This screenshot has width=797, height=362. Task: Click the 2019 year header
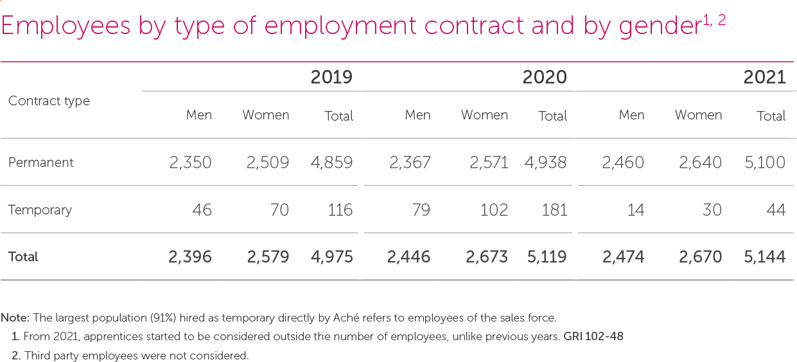click(x=331, y=78)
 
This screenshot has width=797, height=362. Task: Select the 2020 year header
click(x=545, y=78)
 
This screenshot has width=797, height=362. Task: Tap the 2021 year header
click(x=764, y=78)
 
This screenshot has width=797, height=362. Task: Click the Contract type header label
click(x=49, y=101)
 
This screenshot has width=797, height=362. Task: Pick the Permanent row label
click(x=41, y=162)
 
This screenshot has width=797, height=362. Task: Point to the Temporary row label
click(x=40, y=210)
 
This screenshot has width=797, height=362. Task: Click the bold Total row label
click(x=23, y=257)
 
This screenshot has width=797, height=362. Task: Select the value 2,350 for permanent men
click(x=191, y=162)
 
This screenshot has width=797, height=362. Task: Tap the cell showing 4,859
click(x=331, y=162)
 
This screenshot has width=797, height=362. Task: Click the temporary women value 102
click(x=494, y=210)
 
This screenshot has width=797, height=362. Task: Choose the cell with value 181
click(x=554, y=210)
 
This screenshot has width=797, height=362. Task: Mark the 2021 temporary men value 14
click(x=636, y=210)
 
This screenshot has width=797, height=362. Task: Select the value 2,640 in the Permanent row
click(x=700, y=162)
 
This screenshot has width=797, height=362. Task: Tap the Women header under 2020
click(x=484, y=116)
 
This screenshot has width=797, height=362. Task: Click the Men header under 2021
click(x=631, y=116)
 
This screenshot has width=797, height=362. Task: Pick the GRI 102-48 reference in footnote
click(x=593, y=336)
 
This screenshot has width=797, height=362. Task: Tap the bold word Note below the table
click(x=14, y=318)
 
